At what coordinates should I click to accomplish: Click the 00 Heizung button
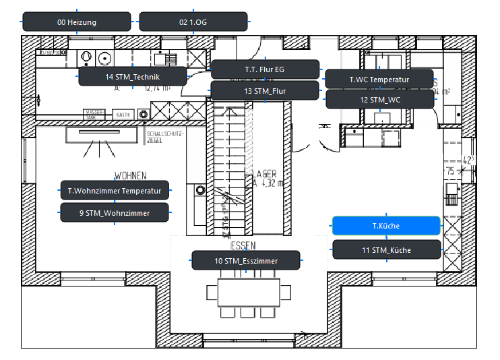77,22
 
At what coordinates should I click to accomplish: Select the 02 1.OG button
193,22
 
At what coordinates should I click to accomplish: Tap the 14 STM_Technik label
132,77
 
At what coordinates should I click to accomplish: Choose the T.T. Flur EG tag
265,69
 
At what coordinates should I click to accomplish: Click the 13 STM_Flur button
265,91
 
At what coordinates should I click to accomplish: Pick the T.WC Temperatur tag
379,79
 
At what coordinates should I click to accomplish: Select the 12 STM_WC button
379,100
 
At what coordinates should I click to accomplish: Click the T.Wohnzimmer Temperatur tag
115,191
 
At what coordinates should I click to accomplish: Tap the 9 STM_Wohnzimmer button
115,213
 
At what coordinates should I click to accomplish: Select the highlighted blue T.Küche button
386,226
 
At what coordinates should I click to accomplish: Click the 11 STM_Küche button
386,250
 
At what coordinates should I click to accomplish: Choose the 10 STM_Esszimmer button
246,260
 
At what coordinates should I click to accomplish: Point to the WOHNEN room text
130,175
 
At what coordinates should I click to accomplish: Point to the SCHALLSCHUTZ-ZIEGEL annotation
164,137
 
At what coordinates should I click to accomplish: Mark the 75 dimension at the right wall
450,172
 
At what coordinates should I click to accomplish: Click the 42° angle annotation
468,160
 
